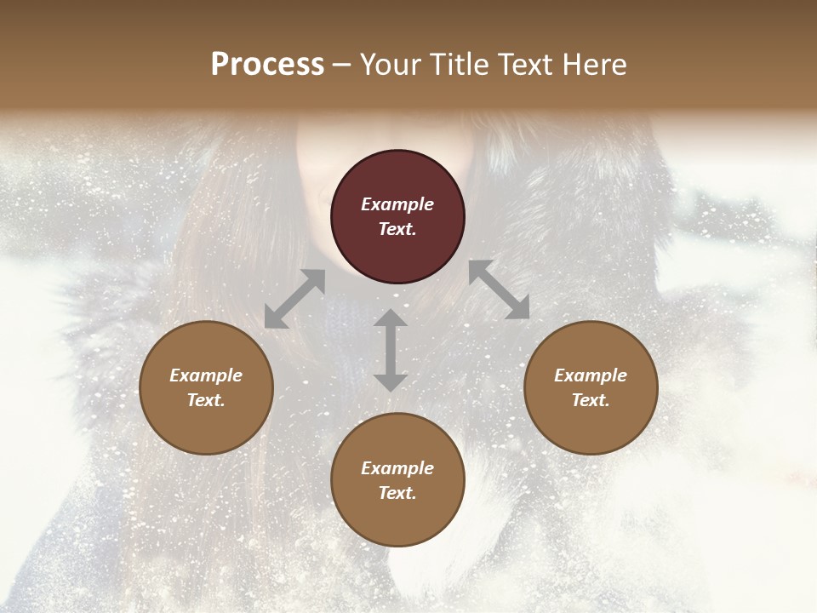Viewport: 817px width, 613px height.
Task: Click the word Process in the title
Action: pos(267,64)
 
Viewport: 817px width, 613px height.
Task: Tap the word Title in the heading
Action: pos(457,64)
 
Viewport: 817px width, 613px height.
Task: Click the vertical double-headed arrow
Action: pos(391,350)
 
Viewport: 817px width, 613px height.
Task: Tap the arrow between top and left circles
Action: pos(294,299)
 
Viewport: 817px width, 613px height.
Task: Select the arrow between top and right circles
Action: pos(500,289)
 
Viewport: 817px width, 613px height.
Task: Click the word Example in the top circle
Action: pos(397,204)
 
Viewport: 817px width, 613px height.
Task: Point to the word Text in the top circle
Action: pos(397,229)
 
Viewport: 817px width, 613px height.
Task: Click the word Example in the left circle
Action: pos(206,375)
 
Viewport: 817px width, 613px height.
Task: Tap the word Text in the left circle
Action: pos(206,400)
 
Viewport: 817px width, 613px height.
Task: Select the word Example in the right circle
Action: pos(591,375)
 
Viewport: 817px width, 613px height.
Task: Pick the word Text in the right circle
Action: pos(591,400)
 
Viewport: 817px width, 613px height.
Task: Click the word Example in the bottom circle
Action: pos(397,468)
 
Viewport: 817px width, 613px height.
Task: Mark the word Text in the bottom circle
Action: pos(397,493)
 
